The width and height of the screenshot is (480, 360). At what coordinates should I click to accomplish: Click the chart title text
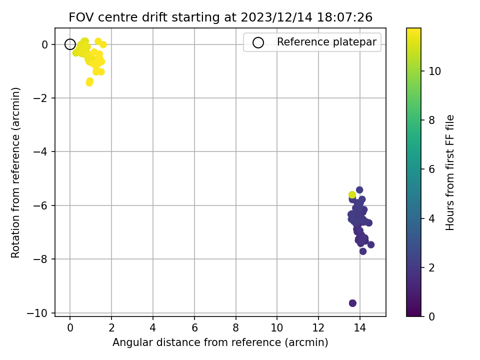pyautogui.click(x=220, y=17)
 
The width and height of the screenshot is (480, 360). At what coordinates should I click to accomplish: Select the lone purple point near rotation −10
pyautogui.click(x=352, y=303)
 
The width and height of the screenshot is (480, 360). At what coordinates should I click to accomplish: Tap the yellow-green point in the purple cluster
pyautogui.click(x=352, y=194)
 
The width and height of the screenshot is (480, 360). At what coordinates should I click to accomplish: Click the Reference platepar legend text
pyautogui.click(x=326, y=42)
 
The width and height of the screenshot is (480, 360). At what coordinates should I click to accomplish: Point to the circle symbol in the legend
pyautogui.click(x=258, y=42)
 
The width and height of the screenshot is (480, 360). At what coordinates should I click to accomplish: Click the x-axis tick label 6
pyautogui.click(x=194, y=328)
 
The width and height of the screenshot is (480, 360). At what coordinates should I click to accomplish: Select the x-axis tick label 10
pyautogui.click(x=276, y=328)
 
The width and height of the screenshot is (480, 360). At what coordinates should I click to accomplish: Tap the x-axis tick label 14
pyautogui.click(x=359, y=328)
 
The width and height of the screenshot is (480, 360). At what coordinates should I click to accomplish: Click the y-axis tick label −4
pyautogui.click(x=40, y=152)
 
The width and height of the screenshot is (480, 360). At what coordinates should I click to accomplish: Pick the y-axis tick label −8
pyautogui.click(x=40, y=259)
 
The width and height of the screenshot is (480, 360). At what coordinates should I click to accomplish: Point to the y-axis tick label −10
pyautogui.click(x=37, y=313)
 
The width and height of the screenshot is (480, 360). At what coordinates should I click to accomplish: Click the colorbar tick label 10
pyautogui.click(x=434, y=71)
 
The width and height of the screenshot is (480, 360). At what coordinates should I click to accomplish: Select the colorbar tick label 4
pyautogui.click(x=431, y=218)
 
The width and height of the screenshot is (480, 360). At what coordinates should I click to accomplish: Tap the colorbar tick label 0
pyautogui.click(x=431, y=316)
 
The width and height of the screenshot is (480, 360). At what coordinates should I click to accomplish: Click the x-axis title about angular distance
pyautogui.click(x=220, y=342)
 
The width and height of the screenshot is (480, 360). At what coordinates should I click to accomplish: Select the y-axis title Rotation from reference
pyautogui.click(x=15, y=172)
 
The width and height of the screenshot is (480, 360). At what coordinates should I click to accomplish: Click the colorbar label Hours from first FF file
pyautogui.click(x=449, y=172)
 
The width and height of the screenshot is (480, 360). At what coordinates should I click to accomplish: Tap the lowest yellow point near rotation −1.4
pyautogui.click(x=89, y=82)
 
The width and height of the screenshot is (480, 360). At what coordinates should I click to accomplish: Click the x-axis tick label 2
pyautogui.click(x=111, y=328)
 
